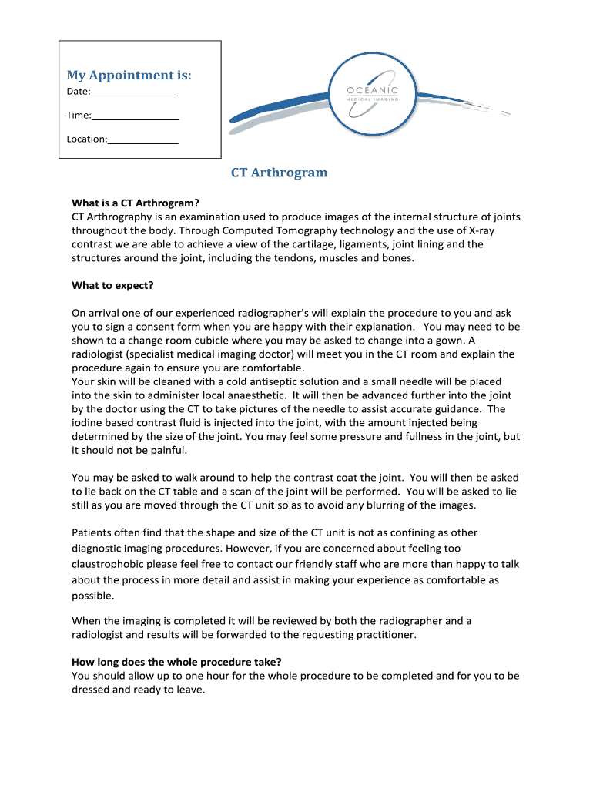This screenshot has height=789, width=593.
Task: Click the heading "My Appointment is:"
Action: point(129,75)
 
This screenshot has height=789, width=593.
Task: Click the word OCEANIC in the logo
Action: point(372,91)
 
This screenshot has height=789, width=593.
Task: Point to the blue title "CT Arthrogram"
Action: point(280,173)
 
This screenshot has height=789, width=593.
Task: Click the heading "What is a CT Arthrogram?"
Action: point(136,203)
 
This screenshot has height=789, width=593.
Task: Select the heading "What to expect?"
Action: point(112,285)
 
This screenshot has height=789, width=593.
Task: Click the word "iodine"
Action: point(87,422)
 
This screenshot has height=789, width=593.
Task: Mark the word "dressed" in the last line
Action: point(90,690)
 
